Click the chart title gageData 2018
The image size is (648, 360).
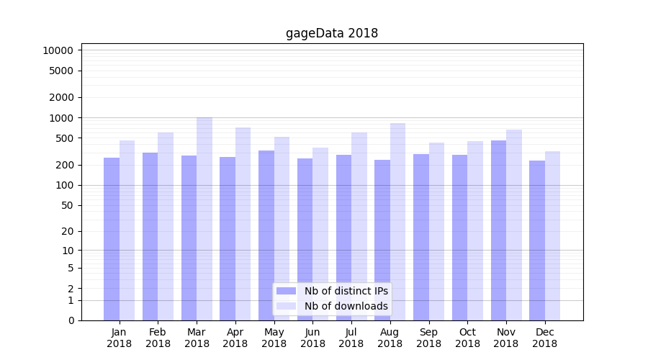coord(332,33)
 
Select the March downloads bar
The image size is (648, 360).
coord(204,216)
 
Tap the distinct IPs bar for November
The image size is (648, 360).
coord(498,230)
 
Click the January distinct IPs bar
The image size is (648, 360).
coord(112,238)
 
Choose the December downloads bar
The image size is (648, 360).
coord(552,238)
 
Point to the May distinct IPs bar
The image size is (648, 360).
coord(266,234)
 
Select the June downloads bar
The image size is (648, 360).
coord(320,234)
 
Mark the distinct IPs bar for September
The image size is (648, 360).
coord(421,238)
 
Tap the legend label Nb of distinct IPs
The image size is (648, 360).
coord(346,291)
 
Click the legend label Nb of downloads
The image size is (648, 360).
coord(346,306)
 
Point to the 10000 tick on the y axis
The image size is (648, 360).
coord(58,50)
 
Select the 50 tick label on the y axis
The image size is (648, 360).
coord(66,205)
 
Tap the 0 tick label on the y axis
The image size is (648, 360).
coord(71,320)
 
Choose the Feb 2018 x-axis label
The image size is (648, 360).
coord(158,338)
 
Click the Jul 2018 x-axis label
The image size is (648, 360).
coord(351,338)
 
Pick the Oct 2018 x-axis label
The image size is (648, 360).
coord(467,338)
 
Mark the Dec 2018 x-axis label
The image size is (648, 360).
coord(544,338)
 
